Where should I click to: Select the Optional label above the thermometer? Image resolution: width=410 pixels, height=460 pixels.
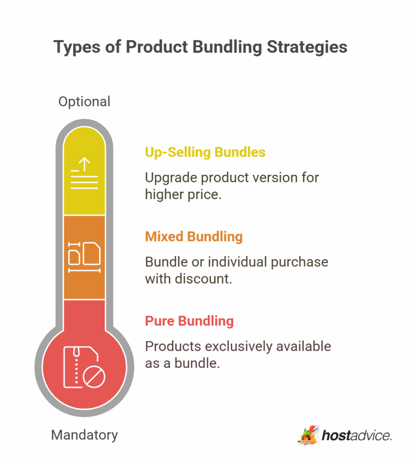click(84, 102)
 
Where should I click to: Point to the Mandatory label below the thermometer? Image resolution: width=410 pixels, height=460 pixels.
click(84, 435)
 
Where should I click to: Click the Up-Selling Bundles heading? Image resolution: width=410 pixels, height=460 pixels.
click(205, 152)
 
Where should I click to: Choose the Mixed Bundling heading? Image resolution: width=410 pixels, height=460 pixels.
click(194, 237)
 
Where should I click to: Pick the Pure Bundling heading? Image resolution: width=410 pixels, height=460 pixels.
click(189, 321)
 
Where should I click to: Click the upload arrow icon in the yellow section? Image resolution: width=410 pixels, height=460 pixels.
click(84, 173)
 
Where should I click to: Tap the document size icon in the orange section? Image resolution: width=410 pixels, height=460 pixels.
click(84, 257)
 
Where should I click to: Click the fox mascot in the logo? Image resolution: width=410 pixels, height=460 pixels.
click(308, 435)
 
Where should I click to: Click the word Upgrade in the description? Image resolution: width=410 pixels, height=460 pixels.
click(171, 177)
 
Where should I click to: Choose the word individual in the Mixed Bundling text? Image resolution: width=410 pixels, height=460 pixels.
click(236, 262)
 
